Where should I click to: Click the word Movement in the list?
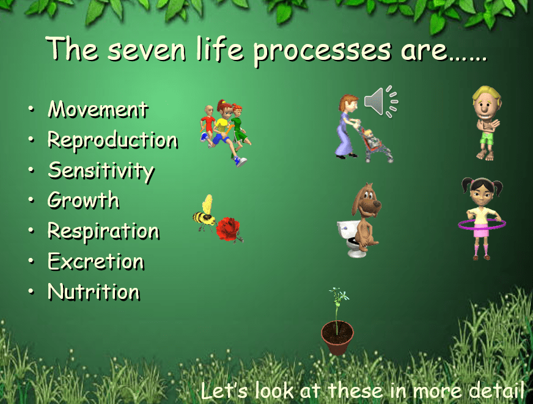[98, 109]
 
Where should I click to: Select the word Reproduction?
[112, 141]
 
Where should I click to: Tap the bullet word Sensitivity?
[101, 171]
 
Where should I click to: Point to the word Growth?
[83, 200]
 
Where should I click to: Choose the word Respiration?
[103, 232]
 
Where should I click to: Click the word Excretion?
[96, 262]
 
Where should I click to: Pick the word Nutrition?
[94, 292]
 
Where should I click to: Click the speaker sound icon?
[381, 101]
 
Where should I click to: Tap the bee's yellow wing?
[207, 204]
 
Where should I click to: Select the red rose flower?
[228, 230]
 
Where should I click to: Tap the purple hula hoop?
[482, 224]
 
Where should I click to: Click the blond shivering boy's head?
[486, 102]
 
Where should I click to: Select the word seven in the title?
[147, 50]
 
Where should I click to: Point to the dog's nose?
[377, 203]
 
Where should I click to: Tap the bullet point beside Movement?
[31, 109]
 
